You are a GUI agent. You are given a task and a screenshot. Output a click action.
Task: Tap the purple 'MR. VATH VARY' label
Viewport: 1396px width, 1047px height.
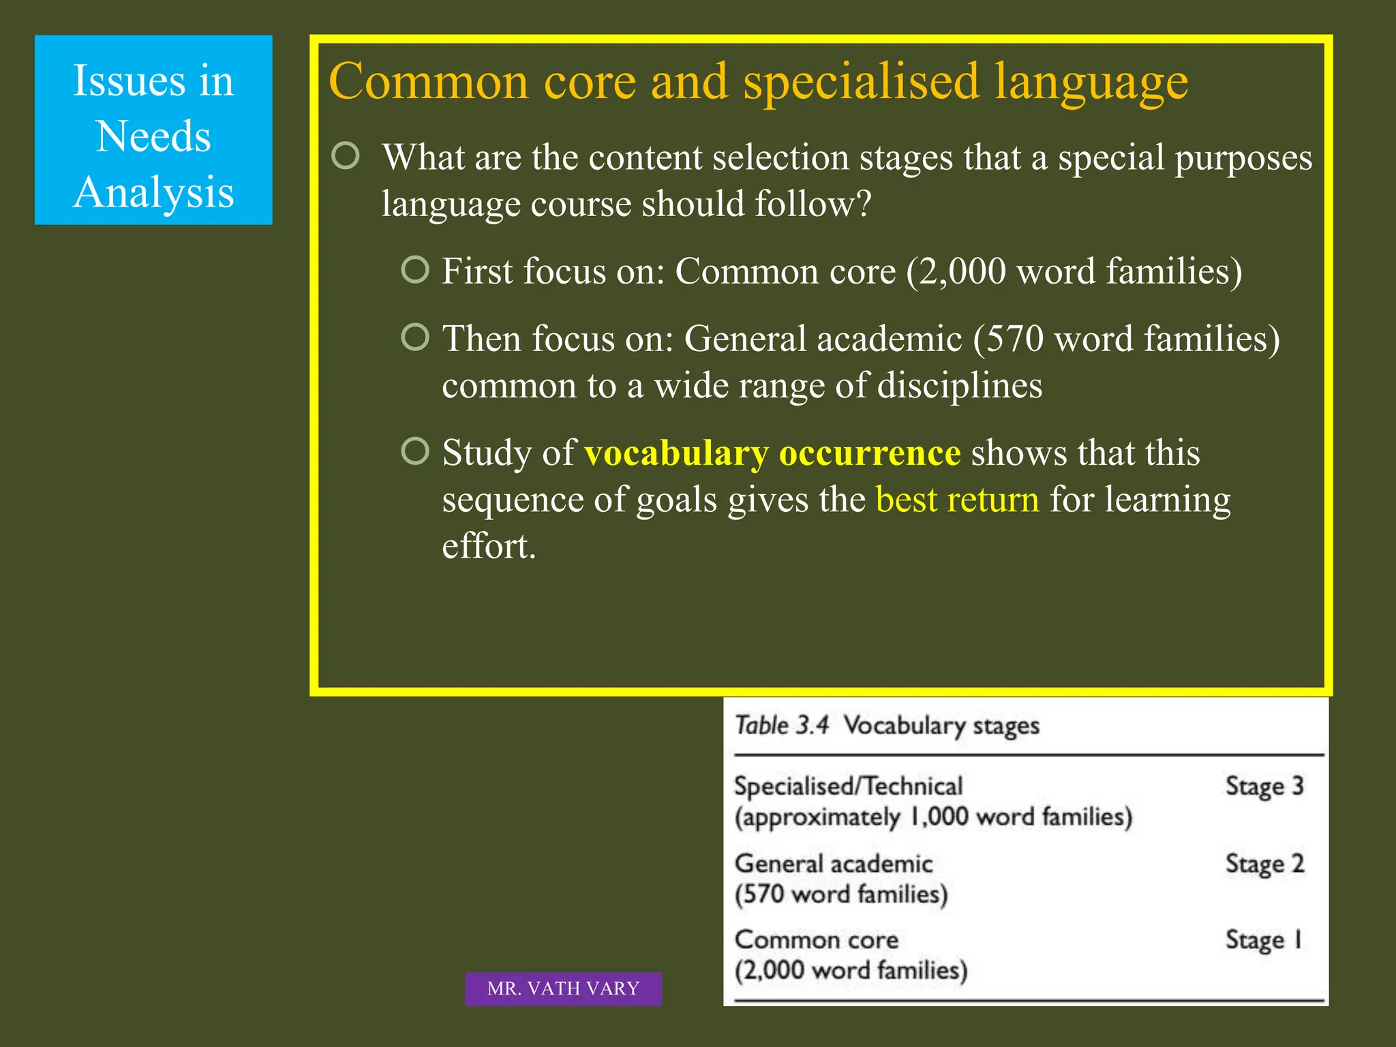tap(563, 988)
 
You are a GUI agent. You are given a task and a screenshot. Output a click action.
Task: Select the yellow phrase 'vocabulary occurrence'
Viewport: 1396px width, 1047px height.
tap(772, 453)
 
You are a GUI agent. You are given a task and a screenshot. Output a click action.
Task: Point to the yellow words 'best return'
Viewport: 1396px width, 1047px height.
tap(957, 500)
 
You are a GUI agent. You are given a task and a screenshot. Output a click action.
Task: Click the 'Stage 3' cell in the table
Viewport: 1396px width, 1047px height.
tap(1264, 786)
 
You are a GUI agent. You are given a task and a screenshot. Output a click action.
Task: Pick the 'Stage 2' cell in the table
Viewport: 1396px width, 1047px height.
tap(1264, 864)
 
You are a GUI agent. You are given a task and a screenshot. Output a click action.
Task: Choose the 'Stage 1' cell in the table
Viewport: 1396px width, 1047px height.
tap(1264, 940)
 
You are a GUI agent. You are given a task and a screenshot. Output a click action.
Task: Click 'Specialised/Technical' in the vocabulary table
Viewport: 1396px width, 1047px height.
tap(848, 786)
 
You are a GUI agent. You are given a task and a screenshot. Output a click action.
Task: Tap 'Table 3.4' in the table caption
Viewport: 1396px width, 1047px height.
tap(781, 725)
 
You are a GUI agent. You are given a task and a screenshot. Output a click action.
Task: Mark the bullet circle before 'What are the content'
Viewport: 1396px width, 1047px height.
tap(346, 156)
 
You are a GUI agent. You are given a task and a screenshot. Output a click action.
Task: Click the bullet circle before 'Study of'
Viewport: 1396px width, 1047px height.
tap(415, 451)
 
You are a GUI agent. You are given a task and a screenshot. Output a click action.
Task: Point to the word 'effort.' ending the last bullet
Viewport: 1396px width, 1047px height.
tap(489, 547)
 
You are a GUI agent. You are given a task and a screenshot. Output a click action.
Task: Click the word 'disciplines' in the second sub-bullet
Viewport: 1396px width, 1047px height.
tap(959, 386)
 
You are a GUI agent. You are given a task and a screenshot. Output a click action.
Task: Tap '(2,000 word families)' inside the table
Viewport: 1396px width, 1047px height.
tap(851, 970)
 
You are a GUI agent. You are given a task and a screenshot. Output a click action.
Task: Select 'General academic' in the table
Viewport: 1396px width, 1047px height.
tap(833, 864)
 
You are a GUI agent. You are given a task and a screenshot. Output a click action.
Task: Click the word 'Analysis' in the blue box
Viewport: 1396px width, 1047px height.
tap(153, 192)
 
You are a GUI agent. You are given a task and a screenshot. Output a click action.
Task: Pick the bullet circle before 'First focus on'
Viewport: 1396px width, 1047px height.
tap(415, 269)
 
